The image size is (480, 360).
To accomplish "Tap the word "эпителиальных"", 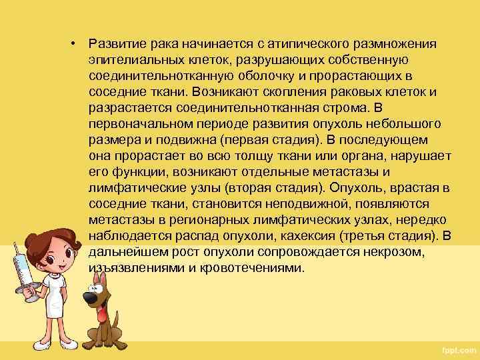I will click(129, 60).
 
